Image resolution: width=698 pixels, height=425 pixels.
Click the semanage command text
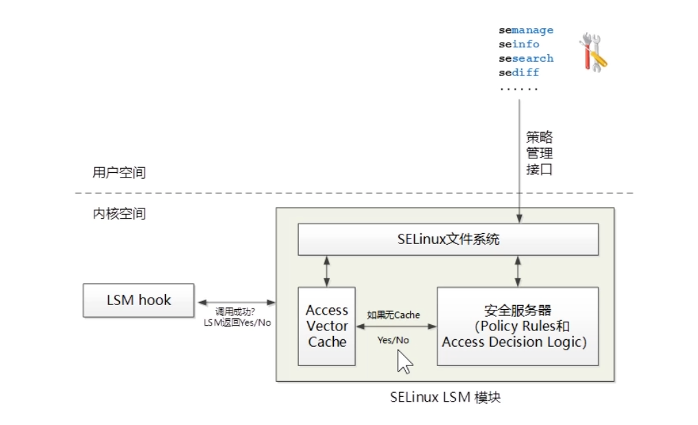point(526,30)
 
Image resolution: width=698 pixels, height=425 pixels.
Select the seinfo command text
point(519,44)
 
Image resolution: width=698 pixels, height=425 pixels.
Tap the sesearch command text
point(526,58)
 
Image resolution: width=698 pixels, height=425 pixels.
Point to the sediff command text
point(519,72)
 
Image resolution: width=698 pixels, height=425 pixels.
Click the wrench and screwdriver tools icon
point(592,51)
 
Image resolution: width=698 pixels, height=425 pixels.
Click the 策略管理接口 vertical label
point(539,152)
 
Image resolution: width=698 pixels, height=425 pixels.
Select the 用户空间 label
point(119,172)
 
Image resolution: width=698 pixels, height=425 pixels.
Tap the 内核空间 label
point(119,213)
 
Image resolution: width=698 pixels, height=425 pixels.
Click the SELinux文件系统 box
point(448,239)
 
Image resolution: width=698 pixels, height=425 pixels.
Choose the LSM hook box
point(139,300)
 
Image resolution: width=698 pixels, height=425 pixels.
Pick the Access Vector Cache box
point(327,326)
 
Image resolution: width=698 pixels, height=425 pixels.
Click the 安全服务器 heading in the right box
point(518,310)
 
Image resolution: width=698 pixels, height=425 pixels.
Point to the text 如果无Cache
point(394,315)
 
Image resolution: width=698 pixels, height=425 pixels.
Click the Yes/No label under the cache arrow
point(393,340)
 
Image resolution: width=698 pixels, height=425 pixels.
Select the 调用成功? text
point(236,312)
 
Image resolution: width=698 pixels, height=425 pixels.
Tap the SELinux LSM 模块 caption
point(446,397)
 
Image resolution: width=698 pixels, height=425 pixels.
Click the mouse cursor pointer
point(404,361)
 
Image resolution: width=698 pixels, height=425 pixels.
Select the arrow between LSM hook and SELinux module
point(236,302)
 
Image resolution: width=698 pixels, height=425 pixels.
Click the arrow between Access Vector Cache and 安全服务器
point(396,327)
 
